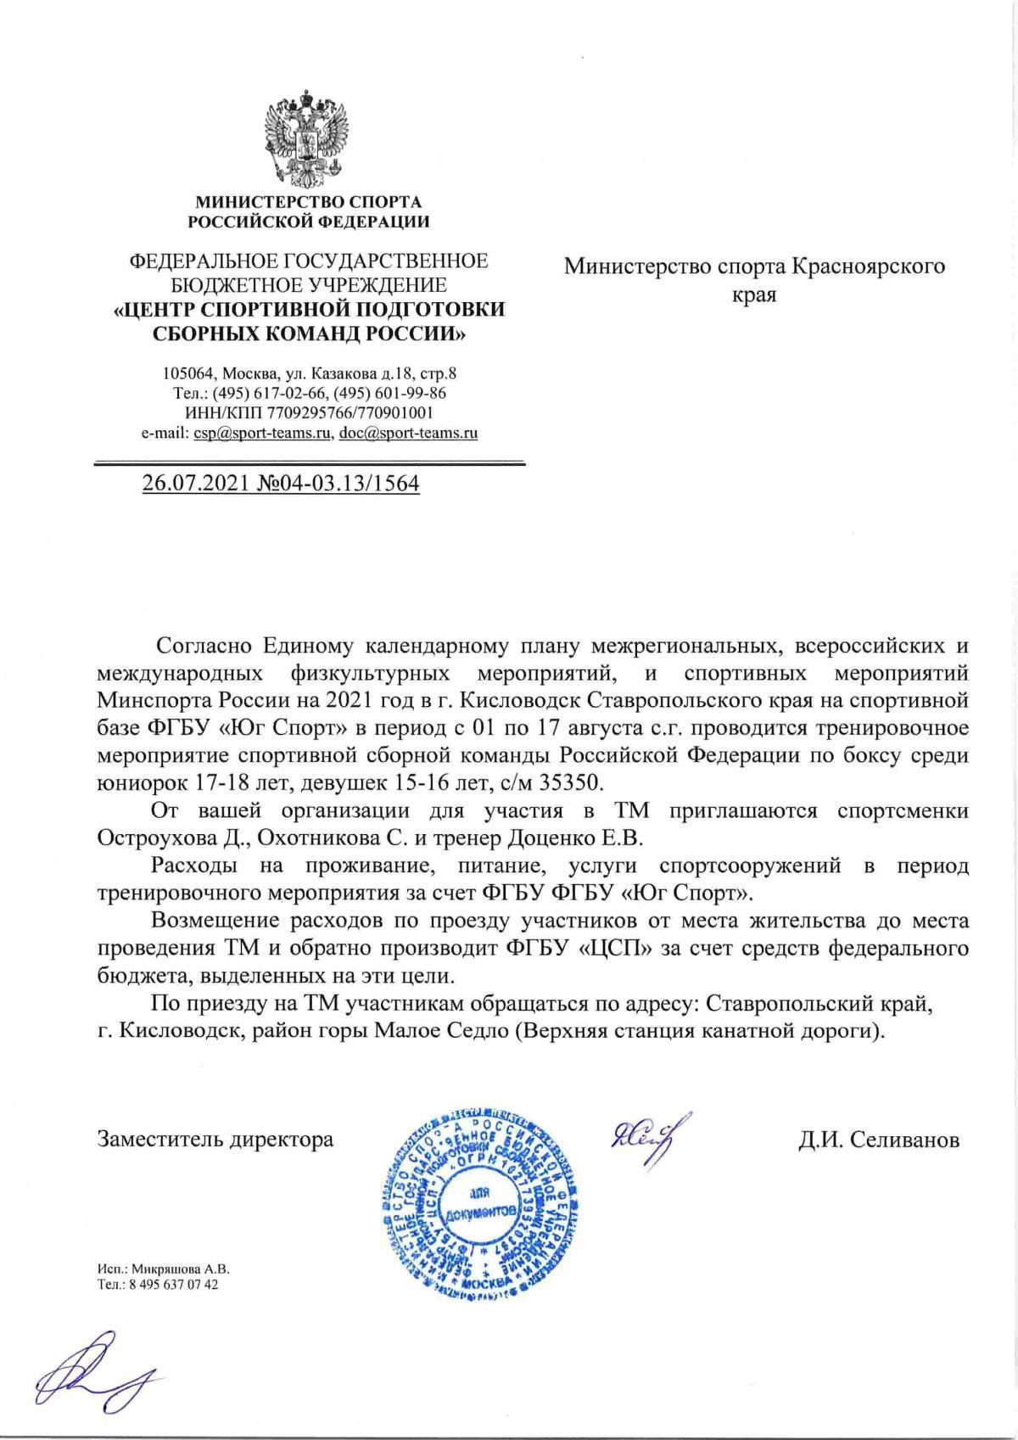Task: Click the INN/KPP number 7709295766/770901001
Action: pyautogui.click(x=350, y=413)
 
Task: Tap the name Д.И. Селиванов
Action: pyautogui.click(x=878, y=1140)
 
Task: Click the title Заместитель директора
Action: pyautogui.click(x=215, y=1139)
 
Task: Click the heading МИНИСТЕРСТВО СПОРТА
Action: pyautogui.click(x=308, y=202)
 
